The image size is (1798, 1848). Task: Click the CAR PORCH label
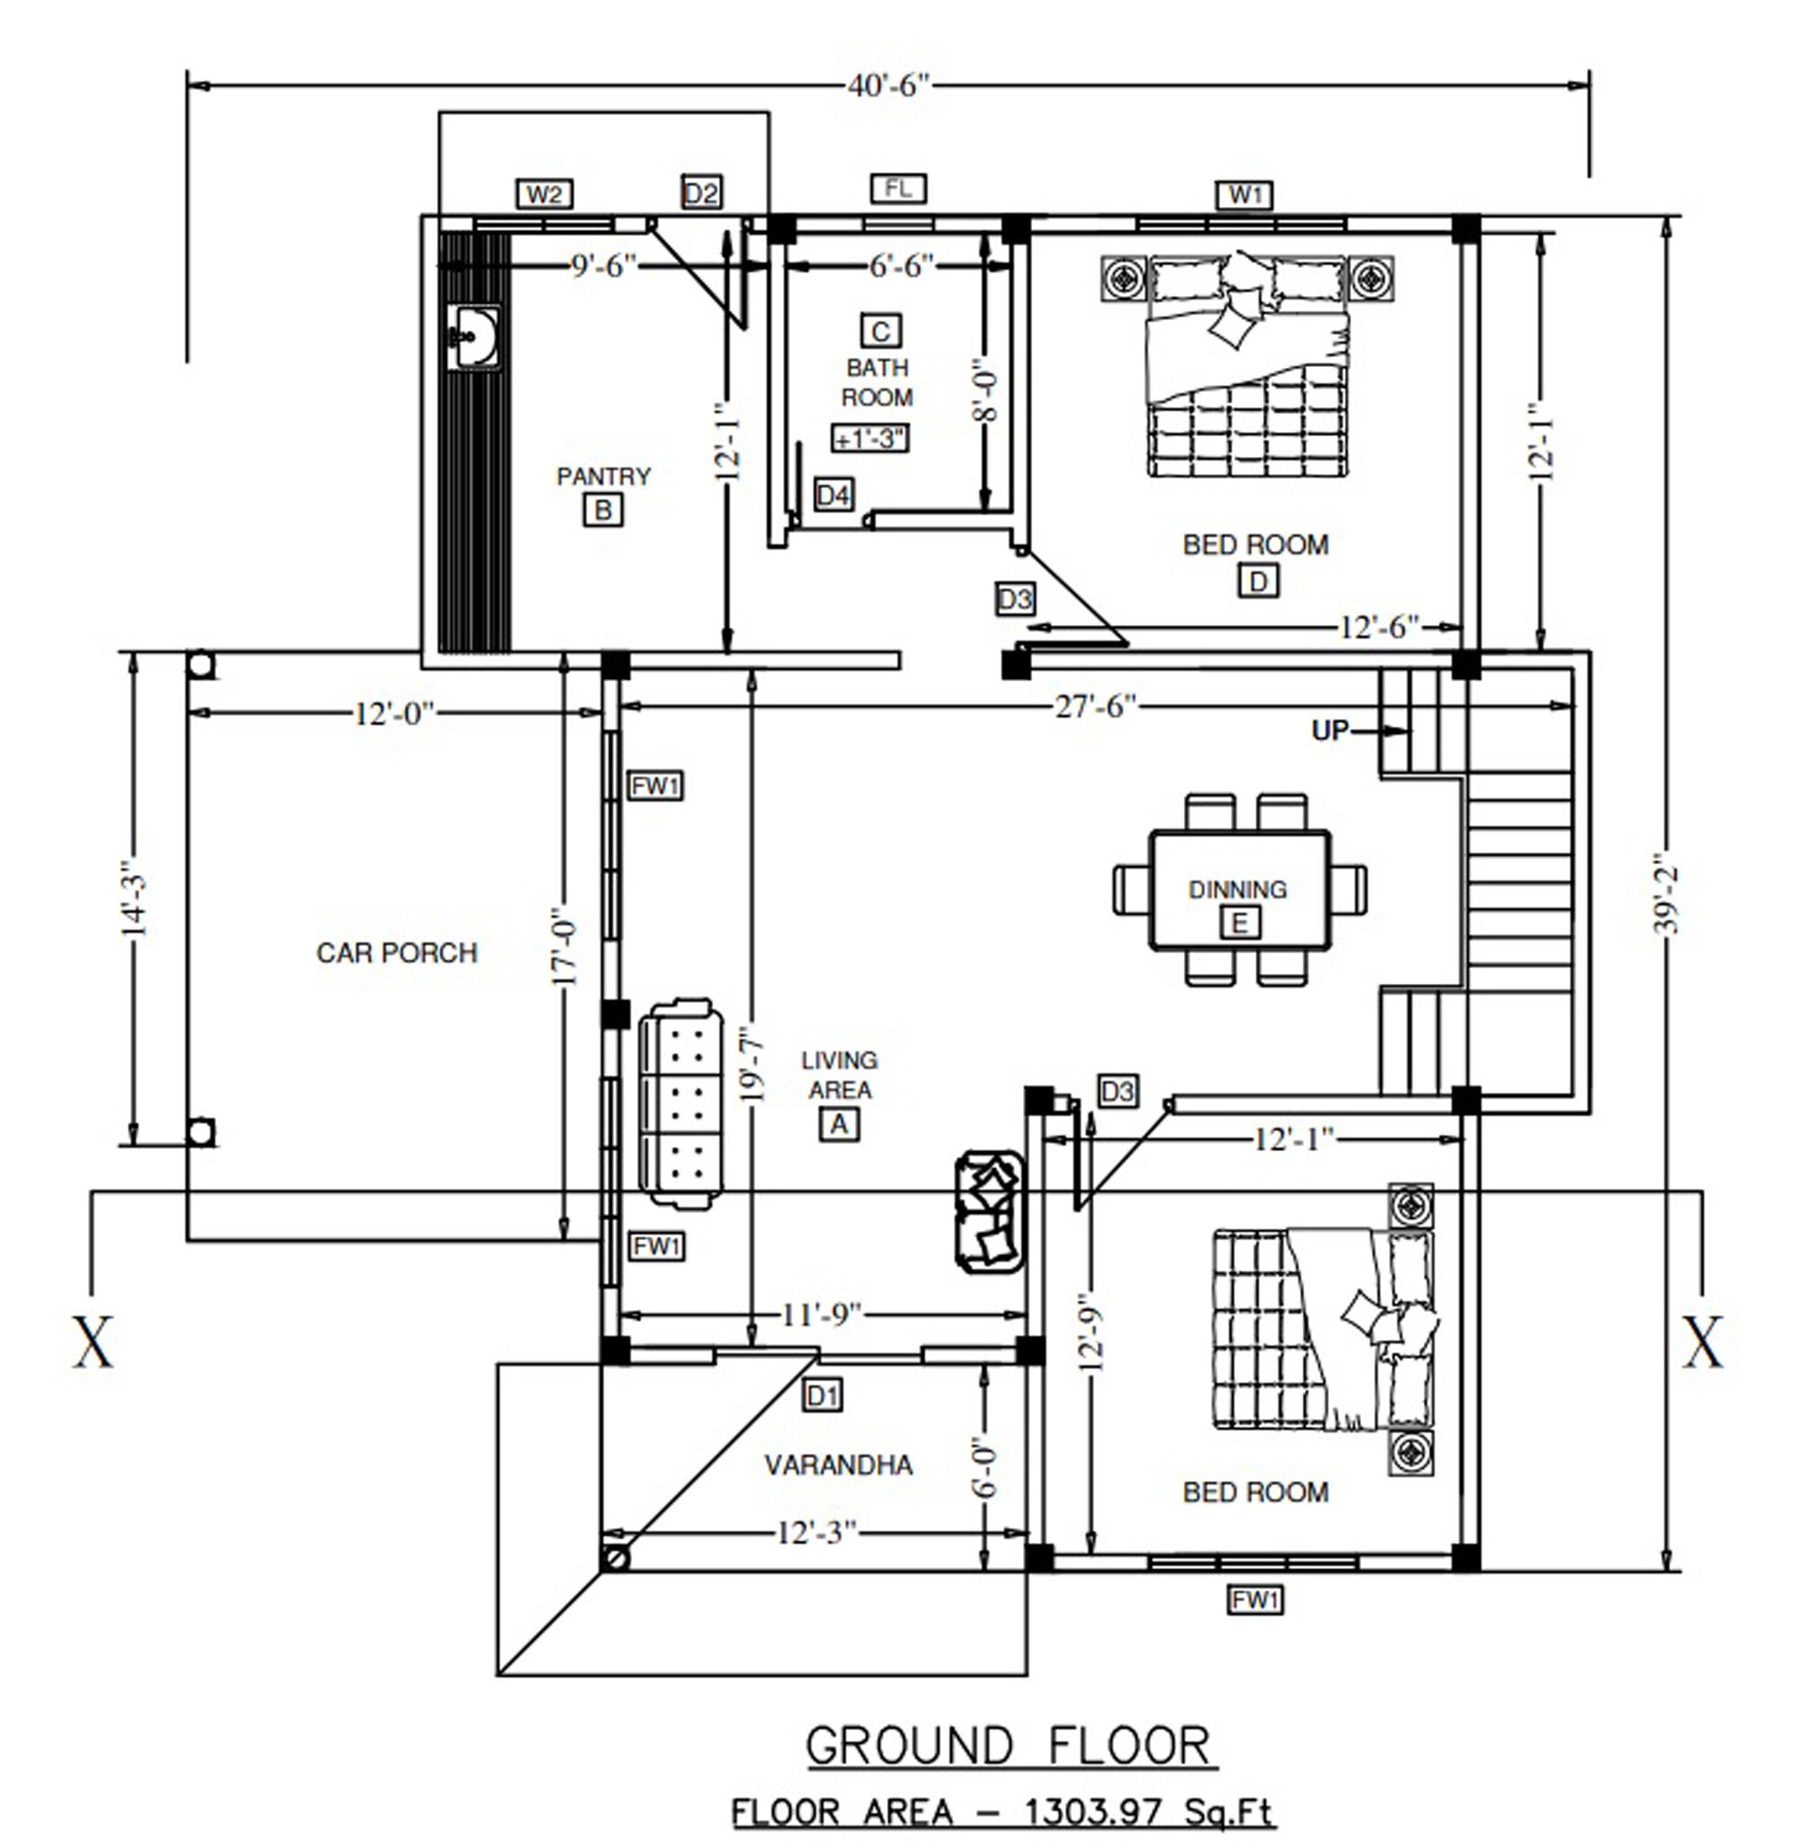pyautogui.click(x=396, y=952)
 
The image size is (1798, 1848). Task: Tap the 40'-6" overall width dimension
pyautogui.click(x=887, y=86)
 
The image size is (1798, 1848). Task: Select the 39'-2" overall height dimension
pyautogui.click(x=1669, y=894)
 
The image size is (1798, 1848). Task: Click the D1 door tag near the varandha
pyautogui.click(x=822, y=1395)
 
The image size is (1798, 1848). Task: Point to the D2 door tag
pyautogui.click(x=700, y=193)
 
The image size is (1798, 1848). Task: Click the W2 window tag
pyautogui.click(x=545, y=194)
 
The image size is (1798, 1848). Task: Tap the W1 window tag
pyautogui.click(x=1244, y=194)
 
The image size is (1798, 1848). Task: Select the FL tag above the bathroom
pyautogui.click(x=897, y=188)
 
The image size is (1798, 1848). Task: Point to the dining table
pyautogui.click(x=1239, y=890)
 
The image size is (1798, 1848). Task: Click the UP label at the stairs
pyautogui.click(x=1330, y=730)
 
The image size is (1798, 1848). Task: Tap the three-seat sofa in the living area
pyautogui.click(x=681, y=1103)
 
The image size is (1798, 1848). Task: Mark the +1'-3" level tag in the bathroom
pyautogui.click(x=869, y=438)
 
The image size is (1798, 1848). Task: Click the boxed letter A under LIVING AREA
pyautogui.click(x=839, y=1124)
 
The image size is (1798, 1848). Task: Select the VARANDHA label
pyautogui.click(x=838, y=1466)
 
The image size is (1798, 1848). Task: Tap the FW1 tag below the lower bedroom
pyautogui.click(x=1255, y=1601)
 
